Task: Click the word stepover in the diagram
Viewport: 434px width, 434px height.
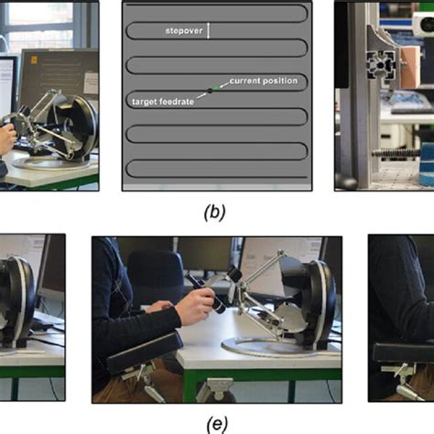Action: [184, 31]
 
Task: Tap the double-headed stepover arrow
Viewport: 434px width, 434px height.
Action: [209, 30]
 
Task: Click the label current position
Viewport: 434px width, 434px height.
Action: [264, 81]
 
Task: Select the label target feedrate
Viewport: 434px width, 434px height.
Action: [163, 102]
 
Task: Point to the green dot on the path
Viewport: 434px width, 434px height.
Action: [217, 89]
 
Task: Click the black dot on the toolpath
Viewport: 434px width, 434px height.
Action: [210, 91]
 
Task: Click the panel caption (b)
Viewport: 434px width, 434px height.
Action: [214, 212]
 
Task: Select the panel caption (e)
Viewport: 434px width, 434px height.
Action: [217, 424]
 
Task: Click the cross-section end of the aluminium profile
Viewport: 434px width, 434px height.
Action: [381, 65]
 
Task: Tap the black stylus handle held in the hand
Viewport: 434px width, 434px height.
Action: [208, 295]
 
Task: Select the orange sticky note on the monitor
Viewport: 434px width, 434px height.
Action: [34, 60]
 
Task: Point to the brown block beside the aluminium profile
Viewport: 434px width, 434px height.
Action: [410, 68]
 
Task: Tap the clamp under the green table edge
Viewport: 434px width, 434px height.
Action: [216, 390]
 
